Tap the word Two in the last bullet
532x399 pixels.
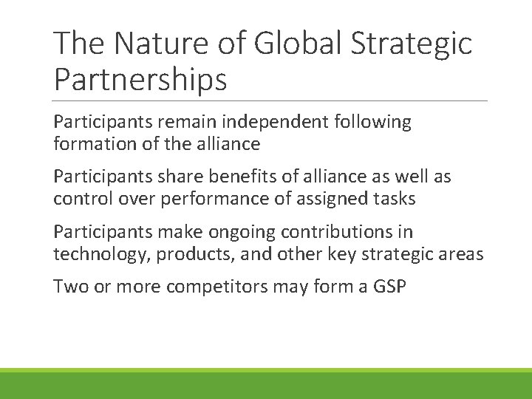click(x=69, y=287)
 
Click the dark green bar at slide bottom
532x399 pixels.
click(x=266, y=386)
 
